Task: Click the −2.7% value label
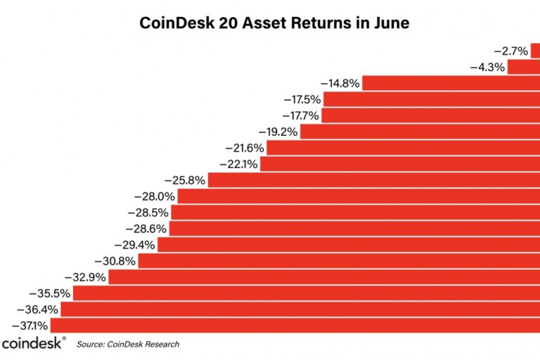coord(510,51)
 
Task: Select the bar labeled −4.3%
coord(523,67)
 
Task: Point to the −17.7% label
coord(301,116)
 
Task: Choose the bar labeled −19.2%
coord(420,131)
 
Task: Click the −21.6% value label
coord(245,148)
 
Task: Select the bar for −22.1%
coord(399,165)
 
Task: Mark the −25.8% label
coord(186,181)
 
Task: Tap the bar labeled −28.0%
coord(359,196)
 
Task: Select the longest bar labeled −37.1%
coord(295,325)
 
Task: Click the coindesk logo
coord(33,344)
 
